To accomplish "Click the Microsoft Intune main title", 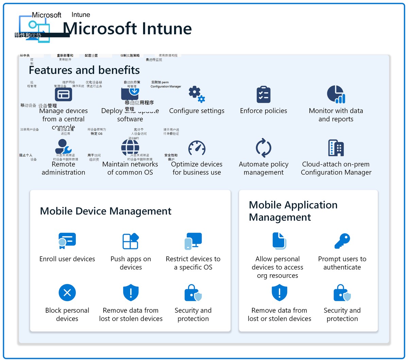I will click(x=128, y=29).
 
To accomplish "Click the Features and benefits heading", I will click(x=84, y=70).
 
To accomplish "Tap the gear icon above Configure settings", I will click(x=197, y=94).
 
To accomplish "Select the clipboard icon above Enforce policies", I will click(x=263, y=94).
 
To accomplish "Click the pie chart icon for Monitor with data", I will click(x=336, y=94).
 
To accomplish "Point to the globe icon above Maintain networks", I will click(x=130, y=148).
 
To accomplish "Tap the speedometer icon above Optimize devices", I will click(x=197, y=148).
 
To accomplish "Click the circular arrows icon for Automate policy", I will click(x=263, y=148).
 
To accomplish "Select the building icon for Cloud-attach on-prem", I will click(x=336, y=148).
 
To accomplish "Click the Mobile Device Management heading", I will click(x=106, y=211).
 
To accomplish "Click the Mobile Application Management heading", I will click(x=293, y=211).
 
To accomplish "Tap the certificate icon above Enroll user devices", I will click(x=67, y=241).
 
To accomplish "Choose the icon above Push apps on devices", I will click(x=131, y=241).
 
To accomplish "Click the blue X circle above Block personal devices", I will click(x=67, y=293).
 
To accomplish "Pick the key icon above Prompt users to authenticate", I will click(x=342, y=241).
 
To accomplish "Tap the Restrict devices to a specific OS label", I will click(x=193, y=263).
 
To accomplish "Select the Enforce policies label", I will click(x=263, y=111).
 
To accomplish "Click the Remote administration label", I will click(x=63, y=168).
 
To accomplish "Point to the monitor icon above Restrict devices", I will click(x=193, y=241).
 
